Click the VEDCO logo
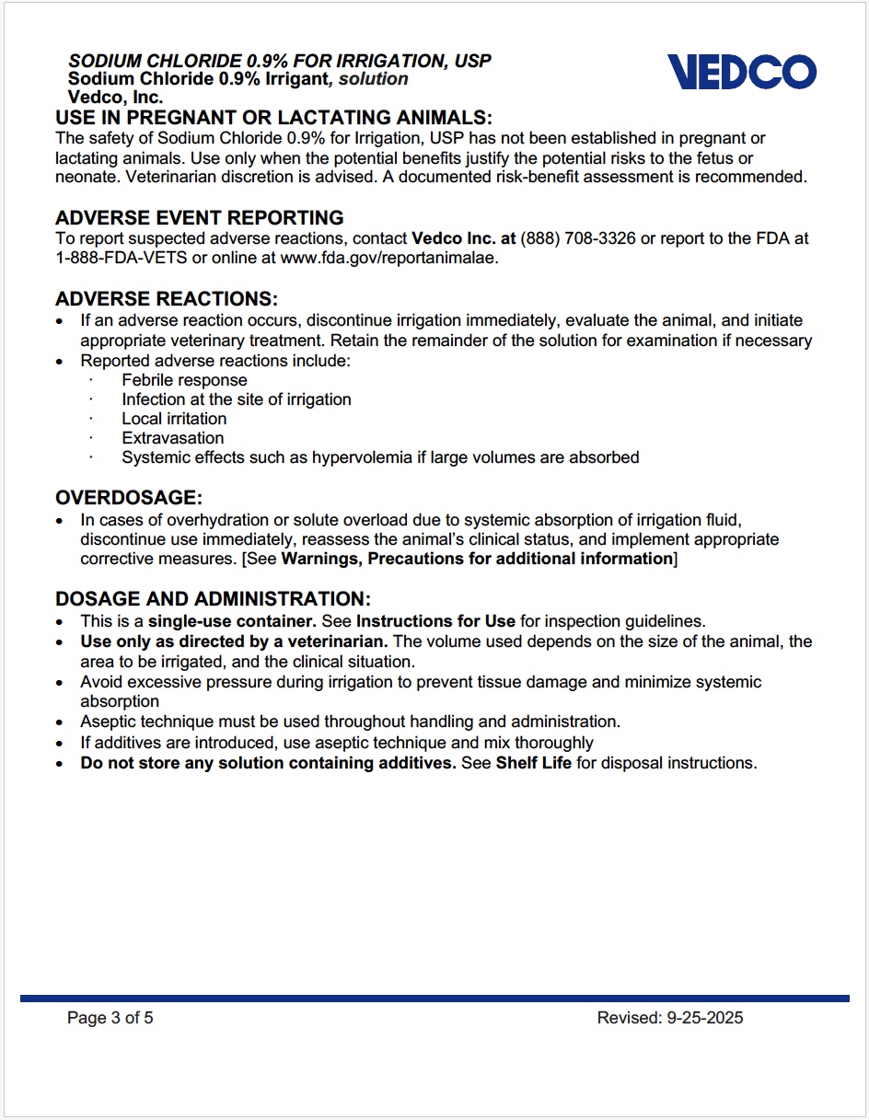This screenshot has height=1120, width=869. (742, 71)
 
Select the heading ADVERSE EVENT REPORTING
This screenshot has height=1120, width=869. (200, 218)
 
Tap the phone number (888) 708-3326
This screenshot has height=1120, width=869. (578, 238)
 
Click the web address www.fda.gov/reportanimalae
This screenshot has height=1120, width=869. (388, 259)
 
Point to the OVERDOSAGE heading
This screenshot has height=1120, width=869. (129, 498)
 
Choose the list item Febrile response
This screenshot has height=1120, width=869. (184, 380)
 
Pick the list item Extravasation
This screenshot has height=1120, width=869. (172, 438)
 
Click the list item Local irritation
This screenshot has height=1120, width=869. (174, 419)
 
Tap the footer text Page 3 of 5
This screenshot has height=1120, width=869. (110, 1018)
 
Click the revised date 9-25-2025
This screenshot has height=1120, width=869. (704, 1018)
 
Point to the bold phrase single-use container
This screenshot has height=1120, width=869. (232, 621)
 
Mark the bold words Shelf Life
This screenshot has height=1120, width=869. (534, 763)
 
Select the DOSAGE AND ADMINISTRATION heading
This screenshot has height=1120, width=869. (214, 599)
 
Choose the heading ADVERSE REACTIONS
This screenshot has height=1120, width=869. (167, 299)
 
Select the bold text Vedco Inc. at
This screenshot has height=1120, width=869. (464, 238)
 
